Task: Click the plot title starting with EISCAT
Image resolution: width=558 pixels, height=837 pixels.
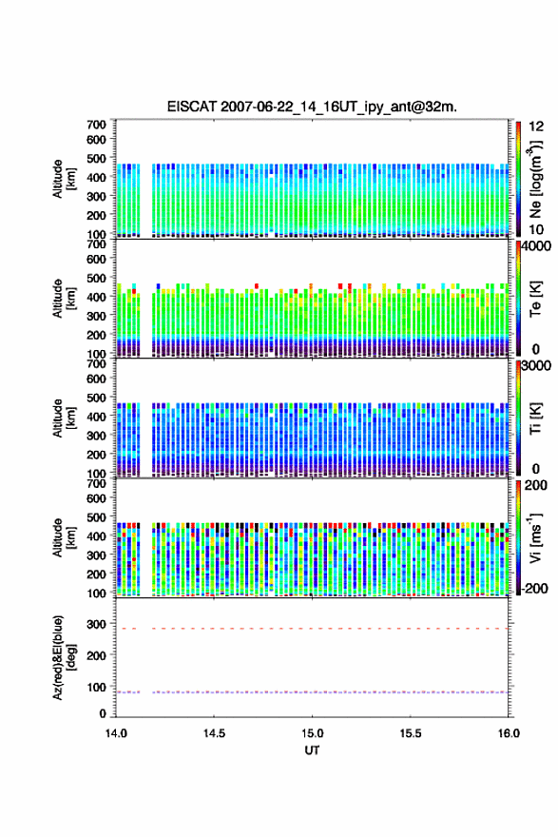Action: [x=312, y=107]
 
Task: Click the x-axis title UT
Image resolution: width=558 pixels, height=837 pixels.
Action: [x=312, y=750]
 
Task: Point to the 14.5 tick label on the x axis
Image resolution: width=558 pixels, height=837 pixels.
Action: [x=214, y=733]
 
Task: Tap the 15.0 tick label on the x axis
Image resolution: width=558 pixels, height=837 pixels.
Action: [x=312, y=733]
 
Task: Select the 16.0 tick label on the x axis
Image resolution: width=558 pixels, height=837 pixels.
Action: [x=509, y=733]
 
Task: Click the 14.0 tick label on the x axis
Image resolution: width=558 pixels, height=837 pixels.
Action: [x=116, y=733]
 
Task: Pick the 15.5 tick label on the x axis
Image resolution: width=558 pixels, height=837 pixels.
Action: [x=411, y=733]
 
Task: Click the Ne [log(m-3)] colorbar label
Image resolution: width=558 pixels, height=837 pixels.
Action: [x=535, y=179]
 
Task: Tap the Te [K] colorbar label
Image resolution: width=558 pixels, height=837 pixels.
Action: [x=535, y=299]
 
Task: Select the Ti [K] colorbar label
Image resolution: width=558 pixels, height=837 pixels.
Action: [x=535, y=418]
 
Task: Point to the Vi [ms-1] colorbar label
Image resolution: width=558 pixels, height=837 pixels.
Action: [x=535, y=537]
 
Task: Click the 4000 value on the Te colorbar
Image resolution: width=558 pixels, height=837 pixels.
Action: [x=536, y=246]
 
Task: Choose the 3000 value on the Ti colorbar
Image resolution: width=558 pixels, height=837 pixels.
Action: [x=536, y=365]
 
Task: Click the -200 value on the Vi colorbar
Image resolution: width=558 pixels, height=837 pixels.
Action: [x=534, y=588]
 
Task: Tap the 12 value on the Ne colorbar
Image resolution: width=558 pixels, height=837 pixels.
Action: [x=536, y=127]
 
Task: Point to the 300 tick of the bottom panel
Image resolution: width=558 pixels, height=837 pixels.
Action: [x=97, y=624]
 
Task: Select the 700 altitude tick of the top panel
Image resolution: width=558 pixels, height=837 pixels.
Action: [x=97, y=125]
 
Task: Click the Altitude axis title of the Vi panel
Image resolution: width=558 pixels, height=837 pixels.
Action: [x=64, y=537]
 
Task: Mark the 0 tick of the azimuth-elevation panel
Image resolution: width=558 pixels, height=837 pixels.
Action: [x=103, y=713]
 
